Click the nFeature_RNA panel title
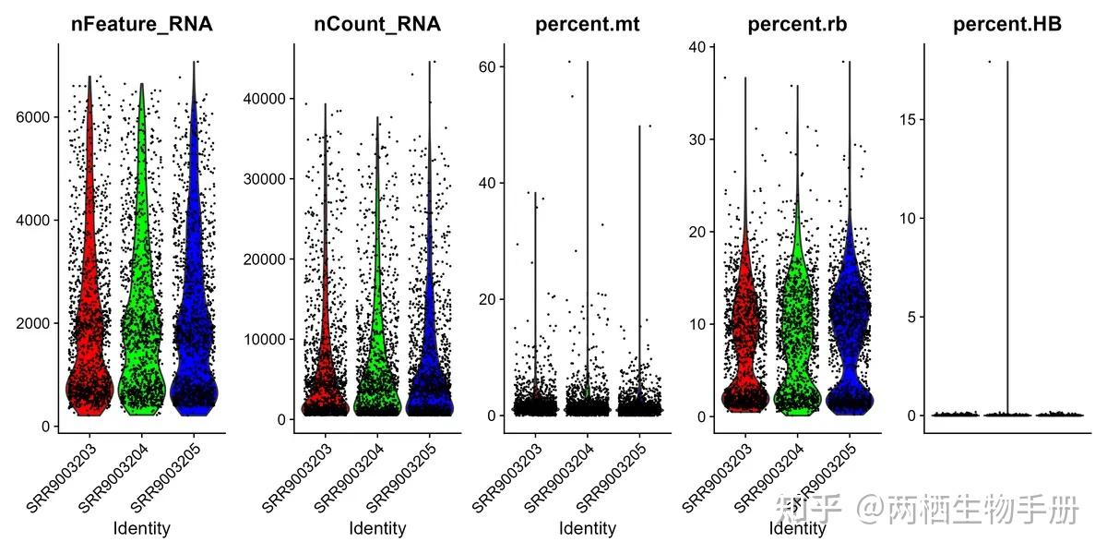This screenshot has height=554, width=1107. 142,24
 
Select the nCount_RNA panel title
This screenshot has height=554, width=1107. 377,24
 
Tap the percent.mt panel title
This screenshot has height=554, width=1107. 587,25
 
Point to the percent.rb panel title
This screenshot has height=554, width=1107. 797,25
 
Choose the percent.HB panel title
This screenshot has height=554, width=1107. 1007,25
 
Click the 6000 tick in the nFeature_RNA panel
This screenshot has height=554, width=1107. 32,117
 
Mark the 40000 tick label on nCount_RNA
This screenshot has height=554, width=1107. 265,99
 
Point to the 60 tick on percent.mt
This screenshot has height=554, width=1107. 487,66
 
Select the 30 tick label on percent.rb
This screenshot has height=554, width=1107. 697,139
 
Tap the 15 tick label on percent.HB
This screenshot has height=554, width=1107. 908,120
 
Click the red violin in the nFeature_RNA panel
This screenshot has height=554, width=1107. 90,296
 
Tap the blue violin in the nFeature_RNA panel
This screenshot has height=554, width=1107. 194,296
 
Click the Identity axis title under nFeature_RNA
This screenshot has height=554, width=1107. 142,528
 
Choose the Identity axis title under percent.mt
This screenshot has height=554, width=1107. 588,528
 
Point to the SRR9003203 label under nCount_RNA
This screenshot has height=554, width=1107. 296,478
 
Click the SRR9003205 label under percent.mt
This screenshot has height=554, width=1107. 612,478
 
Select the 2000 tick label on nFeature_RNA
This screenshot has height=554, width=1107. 32,323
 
